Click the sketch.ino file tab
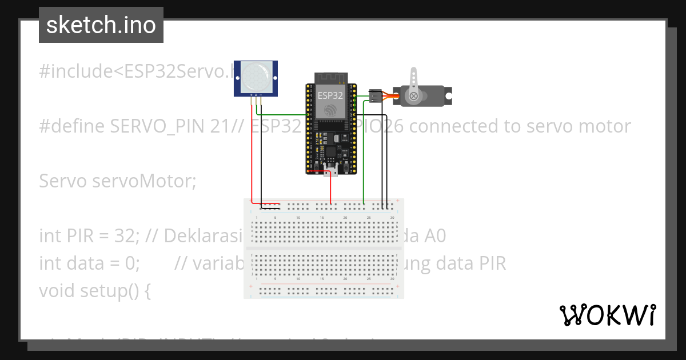tap(101, 25)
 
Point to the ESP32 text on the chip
tap(330, 95)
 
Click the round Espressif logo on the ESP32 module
tap(330, 110)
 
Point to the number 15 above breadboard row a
tap(322, 218)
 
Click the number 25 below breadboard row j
tap(369, 279)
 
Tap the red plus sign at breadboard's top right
tap(397, 200)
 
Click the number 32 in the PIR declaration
tap(122, 235)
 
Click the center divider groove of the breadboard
tap(324, 249)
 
